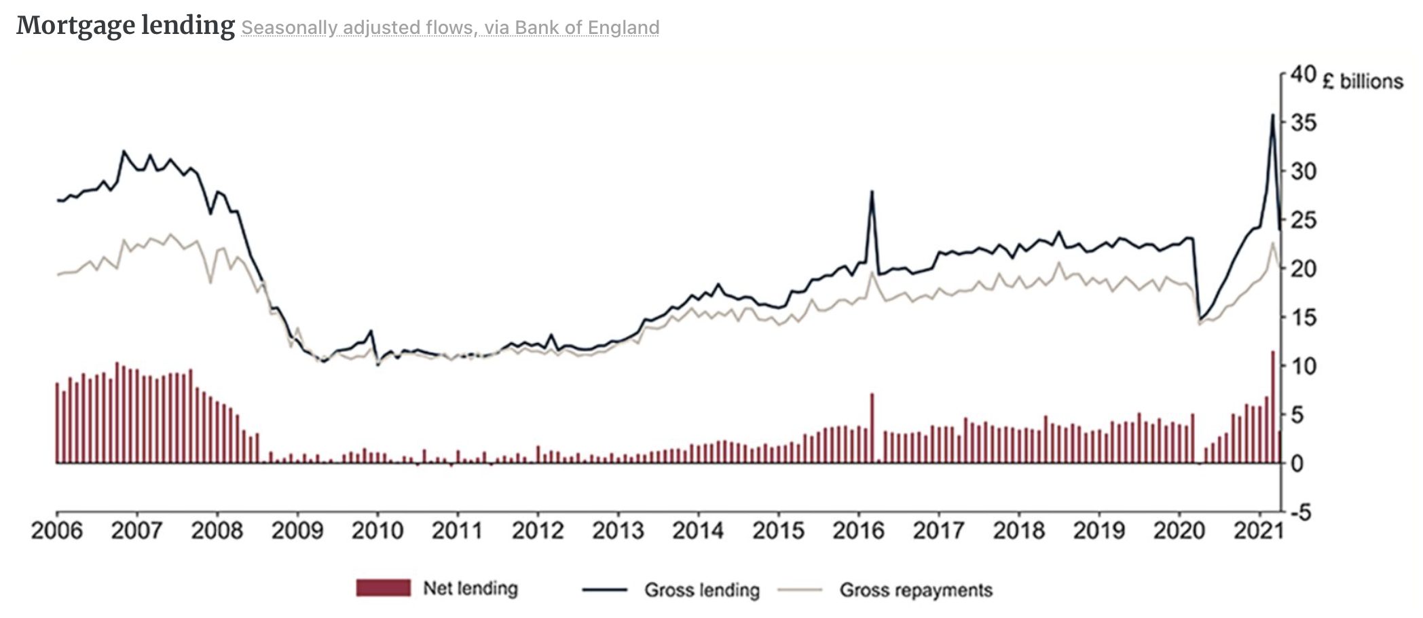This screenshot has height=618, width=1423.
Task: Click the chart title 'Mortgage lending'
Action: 126,26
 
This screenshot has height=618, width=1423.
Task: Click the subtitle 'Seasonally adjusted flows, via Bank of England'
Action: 450,28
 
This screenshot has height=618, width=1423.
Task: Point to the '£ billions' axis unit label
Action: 1362,81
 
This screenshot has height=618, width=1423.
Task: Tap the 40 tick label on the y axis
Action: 1303,74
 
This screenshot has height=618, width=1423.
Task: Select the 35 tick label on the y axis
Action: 1303,123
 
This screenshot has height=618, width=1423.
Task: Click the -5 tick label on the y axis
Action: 1301,513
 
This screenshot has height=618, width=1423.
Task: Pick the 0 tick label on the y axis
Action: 1297,464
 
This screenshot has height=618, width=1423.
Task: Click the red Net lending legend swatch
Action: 383,588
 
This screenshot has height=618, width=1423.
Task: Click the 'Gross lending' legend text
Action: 702,589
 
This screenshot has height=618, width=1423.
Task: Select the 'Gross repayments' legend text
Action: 916,589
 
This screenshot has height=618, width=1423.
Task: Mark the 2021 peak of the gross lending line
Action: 1272,115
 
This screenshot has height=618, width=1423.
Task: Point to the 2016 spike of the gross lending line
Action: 872,192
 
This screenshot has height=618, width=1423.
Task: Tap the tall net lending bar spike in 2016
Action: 872,428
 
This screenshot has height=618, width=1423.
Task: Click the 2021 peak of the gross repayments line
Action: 1273,242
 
